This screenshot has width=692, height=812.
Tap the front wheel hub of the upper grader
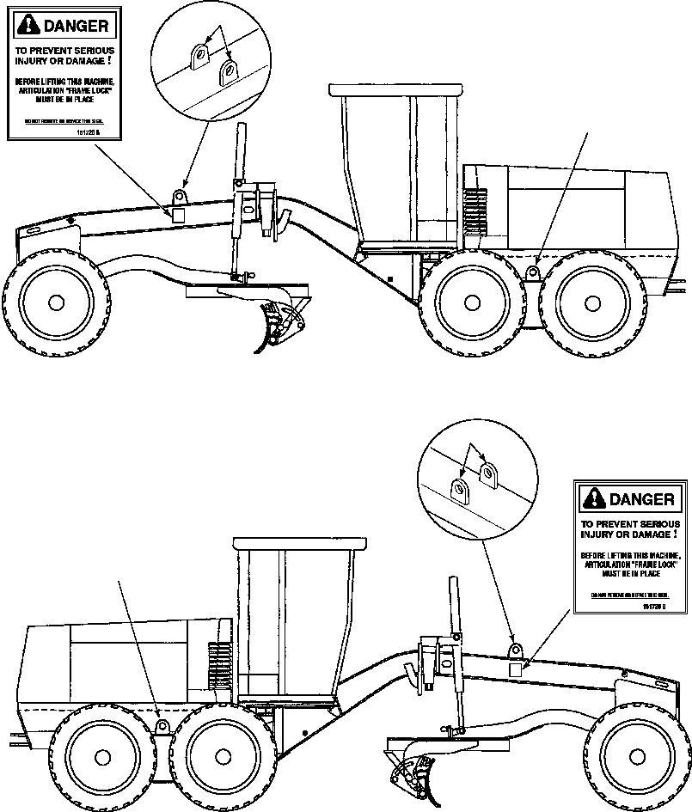pos(57,302)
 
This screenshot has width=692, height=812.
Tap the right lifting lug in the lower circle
pos(488,472)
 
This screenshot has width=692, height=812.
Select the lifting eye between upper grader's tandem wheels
pos(533,273)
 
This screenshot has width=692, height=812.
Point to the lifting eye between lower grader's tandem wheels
pos(160,727)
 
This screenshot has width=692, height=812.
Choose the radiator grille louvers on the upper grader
pos(473,211)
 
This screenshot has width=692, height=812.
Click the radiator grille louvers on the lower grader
pos(220,666)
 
